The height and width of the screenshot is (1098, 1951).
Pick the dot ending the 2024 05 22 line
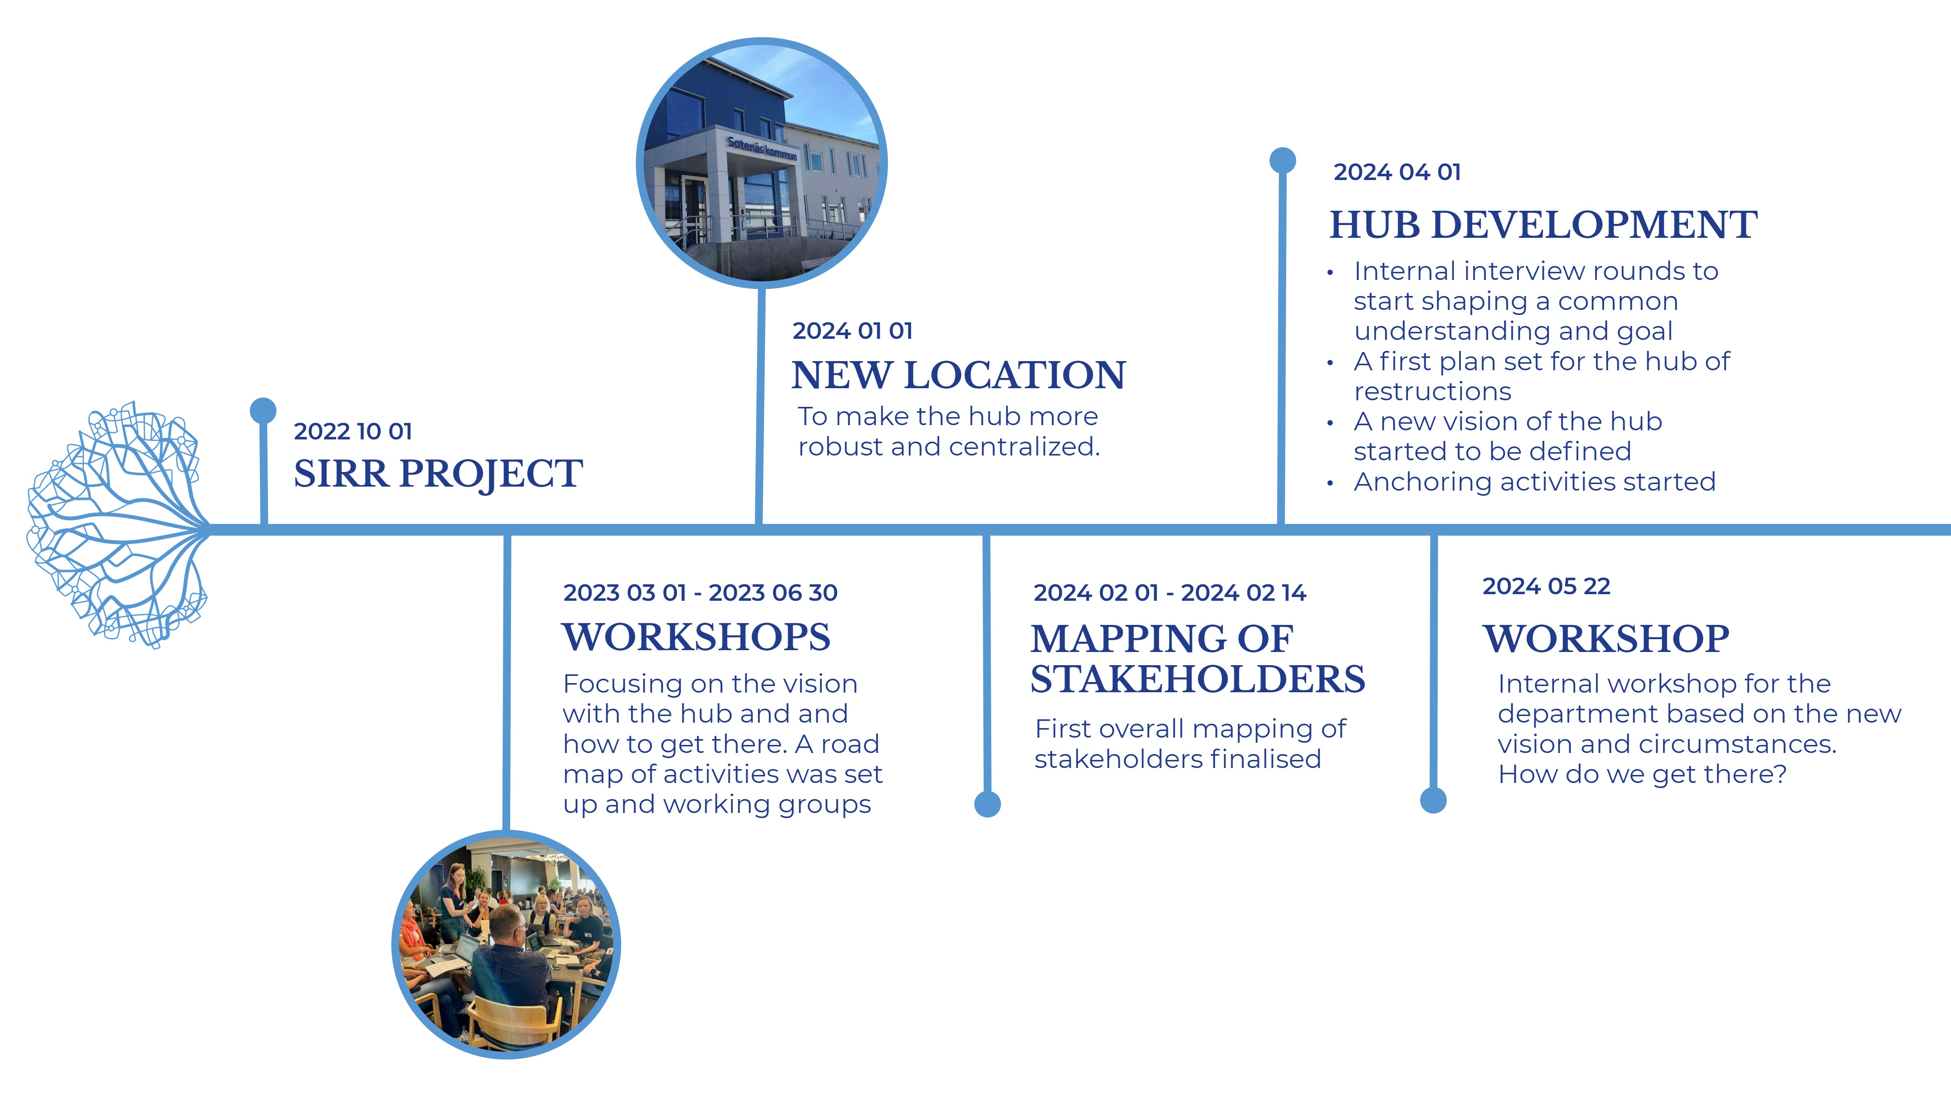click(x=1433, y=800)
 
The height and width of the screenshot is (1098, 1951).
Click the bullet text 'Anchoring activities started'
click(x=1534, y=481)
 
